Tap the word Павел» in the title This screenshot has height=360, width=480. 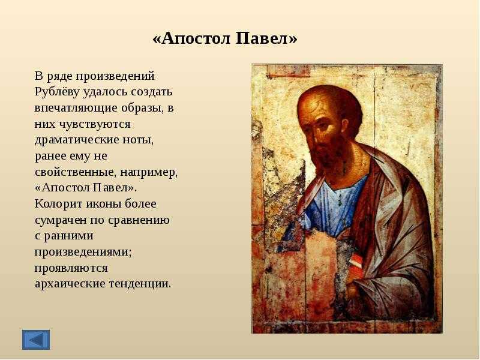266,38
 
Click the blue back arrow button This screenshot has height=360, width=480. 36,340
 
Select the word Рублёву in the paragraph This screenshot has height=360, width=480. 57,92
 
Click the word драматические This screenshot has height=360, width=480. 76,140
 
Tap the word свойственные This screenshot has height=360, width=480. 75,172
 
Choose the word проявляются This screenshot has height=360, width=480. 71,268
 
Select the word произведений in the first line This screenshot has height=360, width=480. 115,76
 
